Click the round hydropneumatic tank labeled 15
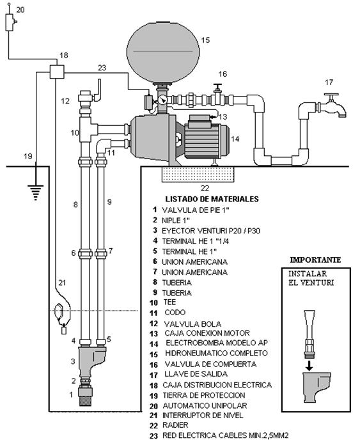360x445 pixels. point(163,52)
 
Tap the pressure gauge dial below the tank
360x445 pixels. point(162,100)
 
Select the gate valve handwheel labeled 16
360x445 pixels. point(218,86)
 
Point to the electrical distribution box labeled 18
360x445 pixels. point(57,72)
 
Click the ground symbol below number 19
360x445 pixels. point(36,192)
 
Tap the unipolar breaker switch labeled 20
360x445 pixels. point(10,22)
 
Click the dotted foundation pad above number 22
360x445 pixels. point(198,174)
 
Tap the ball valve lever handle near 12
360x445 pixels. point(98,90)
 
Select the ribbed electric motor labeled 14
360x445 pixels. point(207,139)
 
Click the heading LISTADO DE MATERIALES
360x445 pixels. point(212,199)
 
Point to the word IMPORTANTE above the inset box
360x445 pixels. point(315,260)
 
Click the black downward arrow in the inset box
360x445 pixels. point(309,367)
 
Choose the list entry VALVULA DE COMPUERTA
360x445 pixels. point(210,364)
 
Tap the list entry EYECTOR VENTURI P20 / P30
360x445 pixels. point(211,231)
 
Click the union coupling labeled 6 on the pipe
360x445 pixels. point(85,253)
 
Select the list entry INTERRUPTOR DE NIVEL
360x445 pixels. point(203,416)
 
